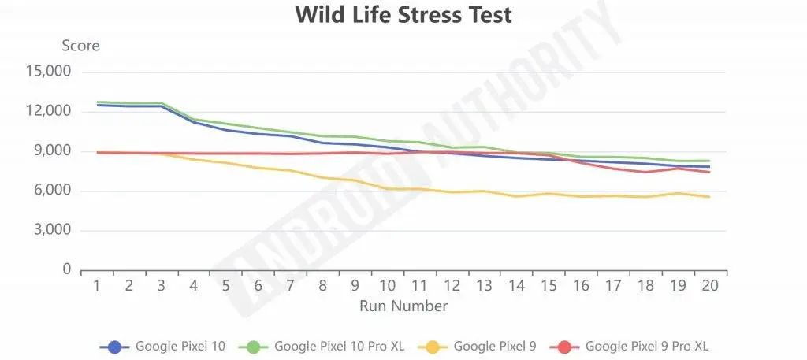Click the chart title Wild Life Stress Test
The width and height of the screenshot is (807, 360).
pos(403,15)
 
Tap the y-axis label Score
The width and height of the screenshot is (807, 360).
pos(81,46)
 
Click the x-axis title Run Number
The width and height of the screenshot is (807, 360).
pos(403,306)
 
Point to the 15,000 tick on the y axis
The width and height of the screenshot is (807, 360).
pos(49,72)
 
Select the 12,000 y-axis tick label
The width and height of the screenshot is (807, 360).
pos(49,111)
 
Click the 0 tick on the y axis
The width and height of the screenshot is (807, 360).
pos(67,270)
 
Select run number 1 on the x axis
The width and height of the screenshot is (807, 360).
pos(97,285)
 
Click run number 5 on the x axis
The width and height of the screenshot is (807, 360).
pos(225,285)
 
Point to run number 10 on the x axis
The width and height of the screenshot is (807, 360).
pos(387,285)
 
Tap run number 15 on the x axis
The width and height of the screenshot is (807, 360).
pos(548,285)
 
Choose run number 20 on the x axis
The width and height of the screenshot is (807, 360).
pos(709,285)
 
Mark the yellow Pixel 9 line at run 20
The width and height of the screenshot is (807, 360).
pos(709,196)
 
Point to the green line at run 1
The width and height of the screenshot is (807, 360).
pos(97,102)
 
